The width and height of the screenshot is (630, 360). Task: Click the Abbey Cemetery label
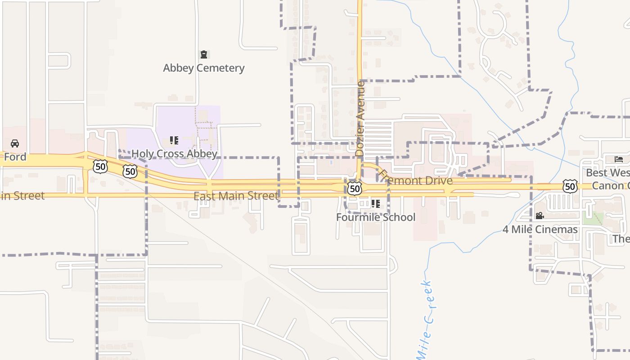point(203,68)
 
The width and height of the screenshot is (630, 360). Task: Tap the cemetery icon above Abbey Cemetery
point(204,54)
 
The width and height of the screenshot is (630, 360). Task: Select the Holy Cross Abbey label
point(174,154)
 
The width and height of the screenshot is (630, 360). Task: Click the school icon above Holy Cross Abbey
point(174,140)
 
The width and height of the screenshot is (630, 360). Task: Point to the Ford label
point(15,157)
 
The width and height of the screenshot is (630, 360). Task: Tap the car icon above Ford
point(15,144)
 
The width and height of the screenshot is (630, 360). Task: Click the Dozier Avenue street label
point(360,119)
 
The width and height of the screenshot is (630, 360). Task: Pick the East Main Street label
point(236,196)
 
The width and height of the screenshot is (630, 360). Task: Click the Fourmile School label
point(376,217)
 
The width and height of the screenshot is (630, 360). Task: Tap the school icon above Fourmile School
point(376,204)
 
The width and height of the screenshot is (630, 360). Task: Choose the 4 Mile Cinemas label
point(540,229)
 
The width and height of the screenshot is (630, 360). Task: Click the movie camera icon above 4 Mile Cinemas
point(540,216)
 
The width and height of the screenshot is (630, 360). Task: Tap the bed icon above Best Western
point(619,159)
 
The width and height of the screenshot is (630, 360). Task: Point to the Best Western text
point(607,173)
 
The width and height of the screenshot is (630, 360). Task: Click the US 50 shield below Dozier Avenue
point(355,189)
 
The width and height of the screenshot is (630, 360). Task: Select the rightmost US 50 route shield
point(570,186)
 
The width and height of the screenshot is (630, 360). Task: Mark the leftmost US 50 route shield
point(100,166)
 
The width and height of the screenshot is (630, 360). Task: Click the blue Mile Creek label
point(425,320)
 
